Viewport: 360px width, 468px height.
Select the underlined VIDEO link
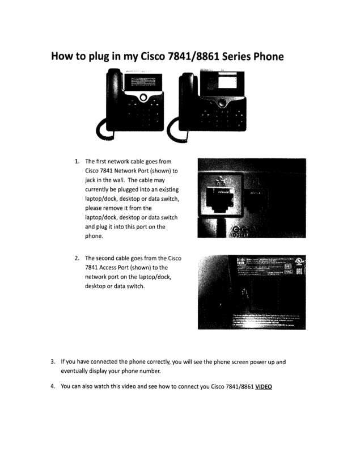(x=263, y=387)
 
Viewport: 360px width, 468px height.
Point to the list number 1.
(x=77, y=162)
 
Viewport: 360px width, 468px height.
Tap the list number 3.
(x=53, y=361)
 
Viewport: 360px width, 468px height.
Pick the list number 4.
(x=53, y=387)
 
